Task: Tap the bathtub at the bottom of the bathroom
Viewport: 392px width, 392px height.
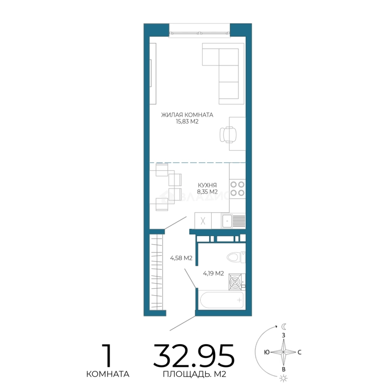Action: click(x=222, y=300)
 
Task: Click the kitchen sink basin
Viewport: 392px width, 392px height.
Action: click(x=227, y=221)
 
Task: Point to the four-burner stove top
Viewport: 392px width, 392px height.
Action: click(x=237, y=189)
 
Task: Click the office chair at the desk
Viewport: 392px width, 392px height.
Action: click(x=228, y=135)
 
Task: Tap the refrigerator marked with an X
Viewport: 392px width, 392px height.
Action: click(x=203, y=221)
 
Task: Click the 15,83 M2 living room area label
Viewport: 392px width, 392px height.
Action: click(x=187, y=122)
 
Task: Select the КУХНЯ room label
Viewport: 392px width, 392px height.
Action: click(x=207, y=185)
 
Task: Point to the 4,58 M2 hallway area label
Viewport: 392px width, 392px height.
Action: click(x=181, y=258)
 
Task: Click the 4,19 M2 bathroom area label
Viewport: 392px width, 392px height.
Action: click(x=213, y=273)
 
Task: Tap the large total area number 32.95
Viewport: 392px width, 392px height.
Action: click(x=194, y=355)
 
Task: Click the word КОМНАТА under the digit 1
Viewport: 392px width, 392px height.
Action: click(x=108, y=374)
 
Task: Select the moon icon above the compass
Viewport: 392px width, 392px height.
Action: click(x=284, y=326)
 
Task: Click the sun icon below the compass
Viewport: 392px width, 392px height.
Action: click(x=284, y=379)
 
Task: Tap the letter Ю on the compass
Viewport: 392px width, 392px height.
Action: click(x=267, y=352)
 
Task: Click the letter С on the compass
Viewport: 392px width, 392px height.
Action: click(x=299, y=352)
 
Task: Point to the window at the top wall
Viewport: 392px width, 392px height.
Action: click(x=200, y=33)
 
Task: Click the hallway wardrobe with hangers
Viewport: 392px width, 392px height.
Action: click(x=156, y=272)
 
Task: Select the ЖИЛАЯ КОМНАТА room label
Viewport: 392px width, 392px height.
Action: click(x=187, y=115)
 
